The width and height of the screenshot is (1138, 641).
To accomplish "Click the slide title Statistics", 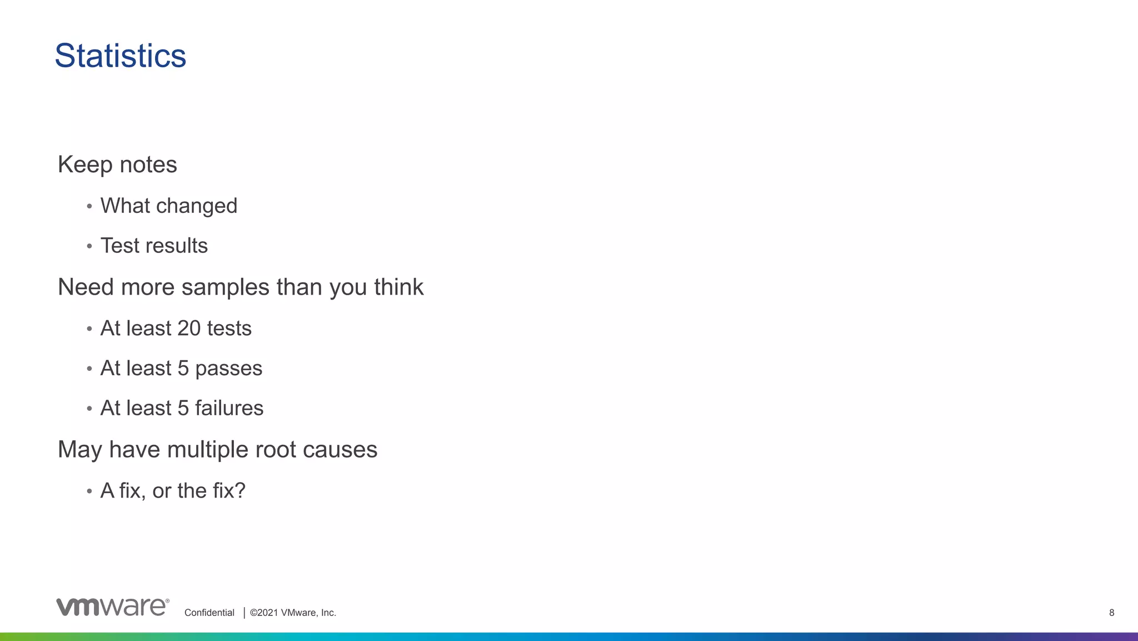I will coord(120,56).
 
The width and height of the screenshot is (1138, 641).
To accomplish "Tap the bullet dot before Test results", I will coord(89,246).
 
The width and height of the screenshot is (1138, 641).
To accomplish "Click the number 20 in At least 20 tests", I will coord(189,329).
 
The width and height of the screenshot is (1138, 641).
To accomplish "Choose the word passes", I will coord(228,369).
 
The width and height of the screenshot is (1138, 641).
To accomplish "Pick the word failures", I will coord(229,408).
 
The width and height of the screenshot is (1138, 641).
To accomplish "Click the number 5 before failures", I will coord(183,408).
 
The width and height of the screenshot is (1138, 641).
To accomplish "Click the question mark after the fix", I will coord(240,491).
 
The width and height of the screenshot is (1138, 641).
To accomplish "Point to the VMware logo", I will coord(112,607).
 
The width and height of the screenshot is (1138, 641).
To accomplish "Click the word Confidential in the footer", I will coord(209,613).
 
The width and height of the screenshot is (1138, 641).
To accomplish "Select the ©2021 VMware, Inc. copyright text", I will coord(293,613).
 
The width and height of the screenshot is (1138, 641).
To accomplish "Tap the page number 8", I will coord(1111,613).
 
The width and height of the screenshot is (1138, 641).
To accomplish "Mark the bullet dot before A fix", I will coord(89,491).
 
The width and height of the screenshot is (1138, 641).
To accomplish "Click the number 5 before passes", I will coord(183,369).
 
